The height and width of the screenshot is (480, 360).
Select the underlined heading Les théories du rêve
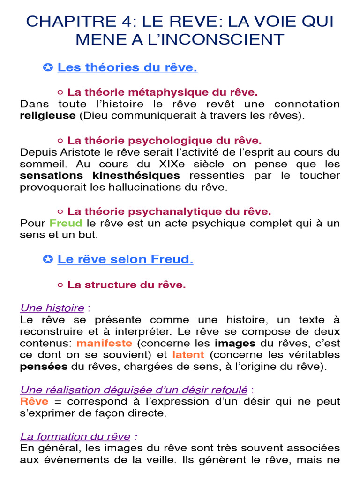(127, 67)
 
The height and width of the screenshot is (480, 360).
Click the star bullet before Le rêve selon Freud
(47, 259)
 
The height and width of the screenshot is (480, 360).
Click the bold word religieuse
(47, 115)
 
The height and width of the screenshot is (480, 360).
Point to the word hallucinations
(140, 187)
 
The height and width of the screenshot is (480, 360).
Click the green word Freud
(66, 223)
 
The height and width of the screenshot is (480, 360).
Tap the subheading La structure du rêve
(127, 285)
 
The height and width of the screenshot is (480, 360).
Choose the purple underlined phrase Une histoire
(52, 308)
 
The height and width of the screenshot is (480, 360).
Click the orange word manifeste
(104, 343)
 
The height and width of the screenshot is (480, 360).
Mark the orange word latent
(188, 355)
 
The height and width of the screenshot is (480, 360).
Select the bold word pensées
(44, 367)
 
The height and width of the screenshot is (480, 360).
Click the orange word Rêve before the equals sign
(34, 401)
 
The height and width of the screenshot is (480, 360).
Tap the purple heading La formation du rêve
(75, 436)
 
